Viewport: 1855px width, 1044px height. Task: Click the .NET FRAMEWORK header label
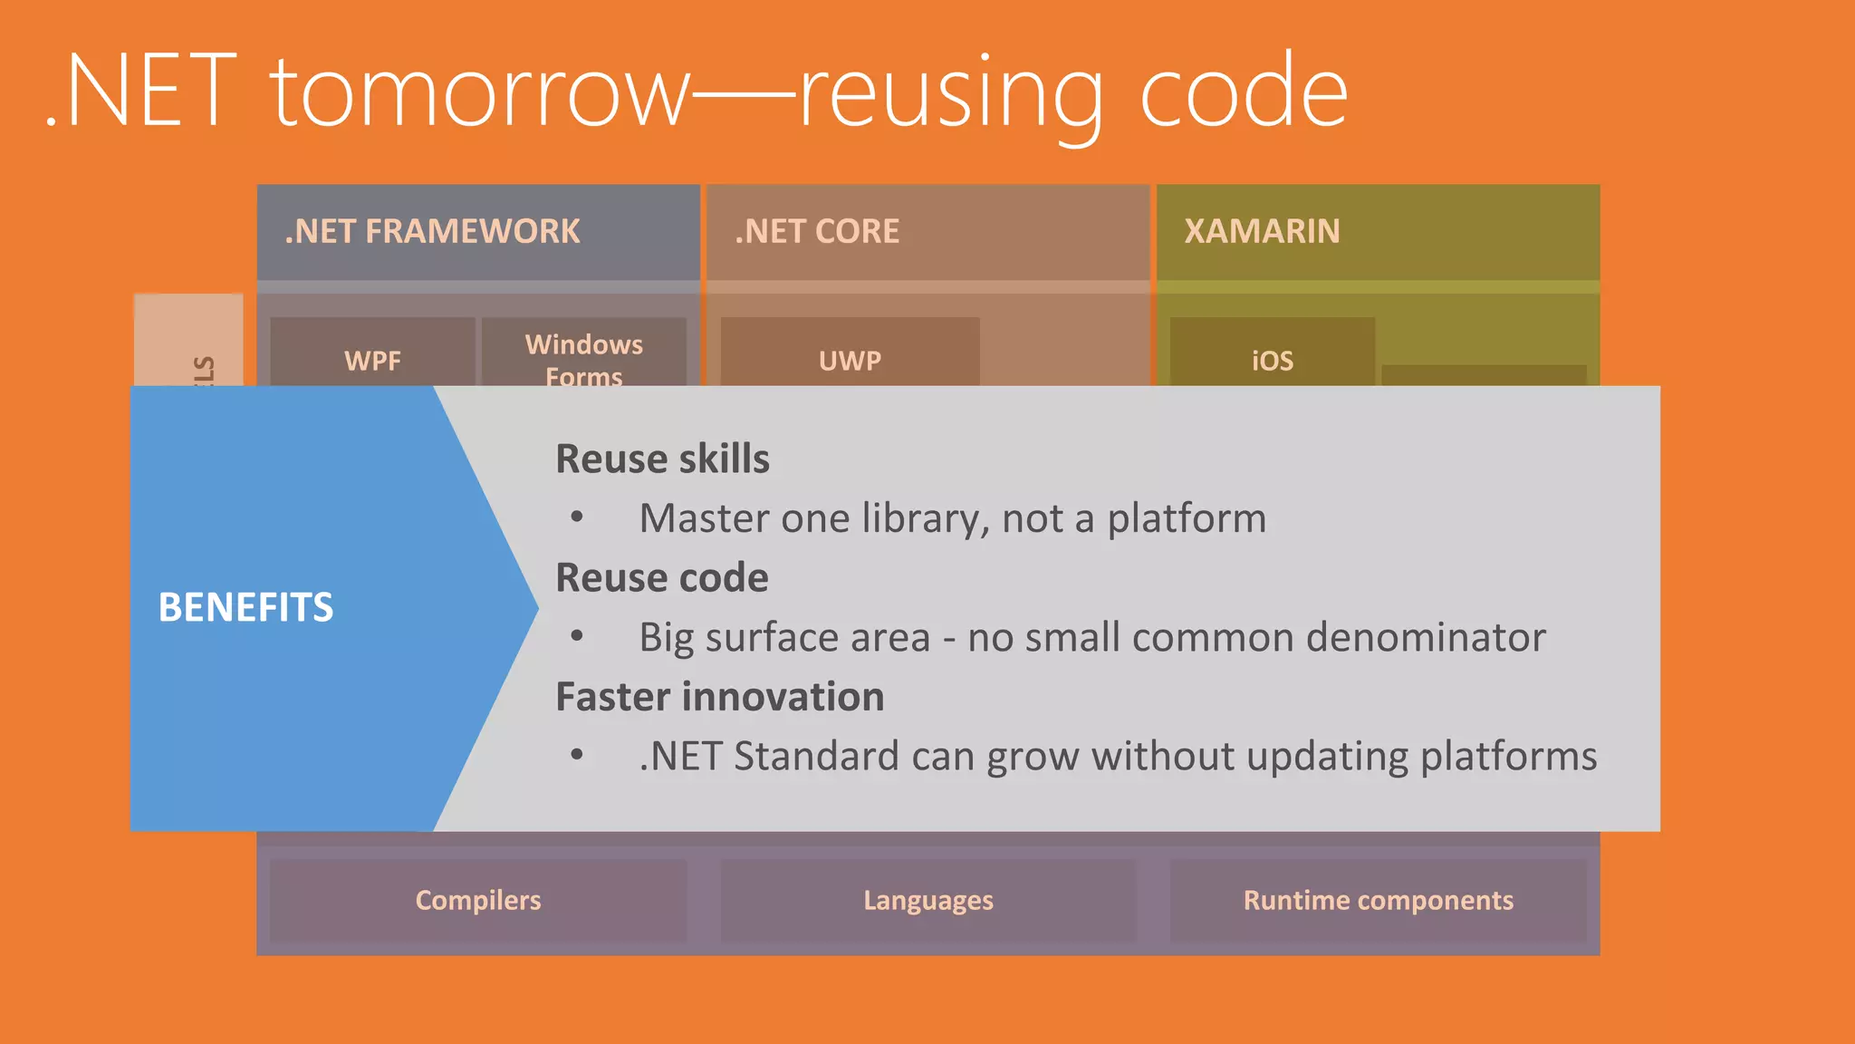432,232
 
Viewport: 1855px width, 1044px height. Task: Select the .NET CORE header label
816,232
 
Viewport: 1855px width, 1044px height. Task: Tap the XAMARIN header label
1262,232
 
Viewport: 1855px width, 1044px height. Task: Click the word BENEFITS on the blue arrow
245,607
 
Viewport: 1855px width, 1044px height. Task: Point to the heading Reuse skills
662,459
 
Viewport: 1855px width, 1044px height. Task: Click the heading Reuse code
661,577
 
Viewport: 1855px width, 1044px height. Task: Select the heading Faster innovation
719,697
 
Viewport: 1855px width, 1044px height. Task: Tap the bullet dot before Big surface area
577,637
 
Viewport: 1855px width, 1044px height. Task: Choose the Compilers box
477,900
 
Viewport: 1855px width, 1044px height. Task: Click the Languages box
927,900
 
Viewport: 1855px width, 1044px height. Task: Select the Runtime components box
1378,900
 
